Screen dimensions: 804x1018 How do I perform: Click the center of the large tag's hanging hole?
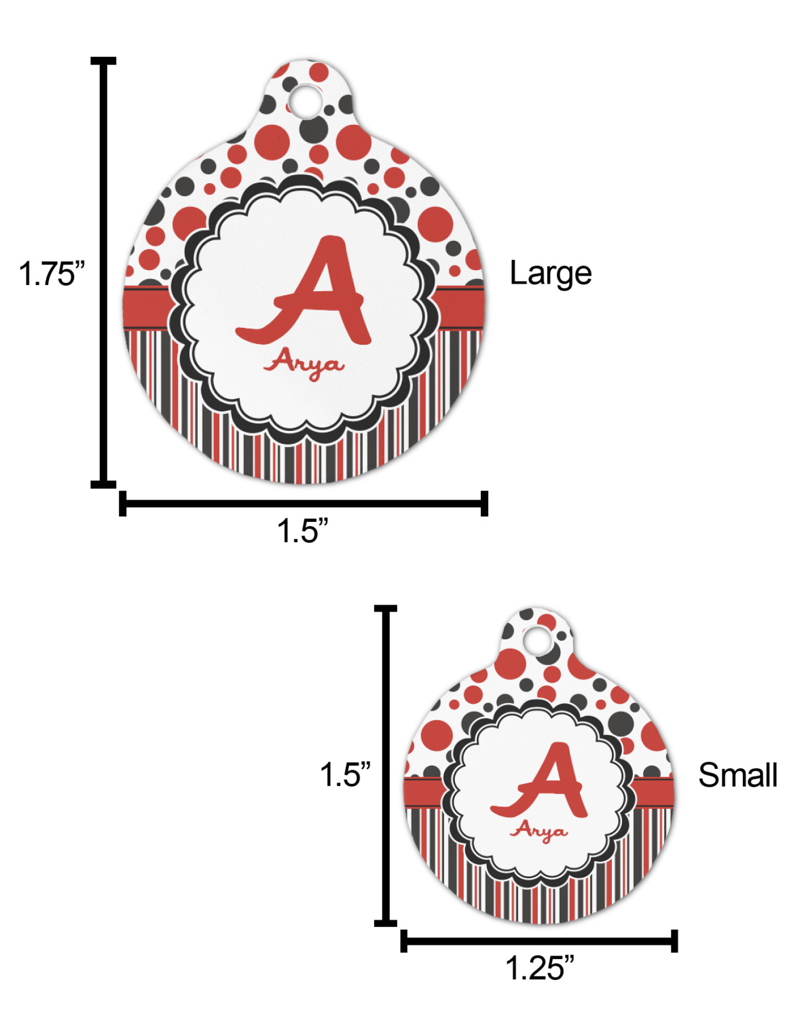click(305, 100)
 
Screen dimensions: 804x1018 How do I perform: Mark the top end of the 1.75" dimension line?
click(103, 61)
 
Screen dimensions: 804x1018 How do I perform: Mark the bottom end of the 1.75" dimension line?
click(103, 484)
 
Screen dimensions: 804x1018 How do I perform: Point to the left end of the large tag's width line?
click(123, 504)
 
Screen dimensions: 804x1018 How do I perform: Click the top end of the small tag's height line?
click(386, 608)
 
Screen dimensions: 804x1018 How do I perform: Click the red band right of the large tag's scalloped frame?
click(459, 308)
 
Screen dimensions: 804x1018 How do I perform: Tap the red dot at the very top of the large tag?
click(318, 71)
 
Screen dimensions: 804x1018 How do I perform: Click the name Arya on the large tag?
click(304, 365)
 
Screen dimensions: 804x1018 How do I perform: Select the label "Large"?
click(550, 274)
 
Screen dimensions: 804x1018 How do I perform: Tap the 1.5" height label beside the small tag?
click(345, 775)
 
